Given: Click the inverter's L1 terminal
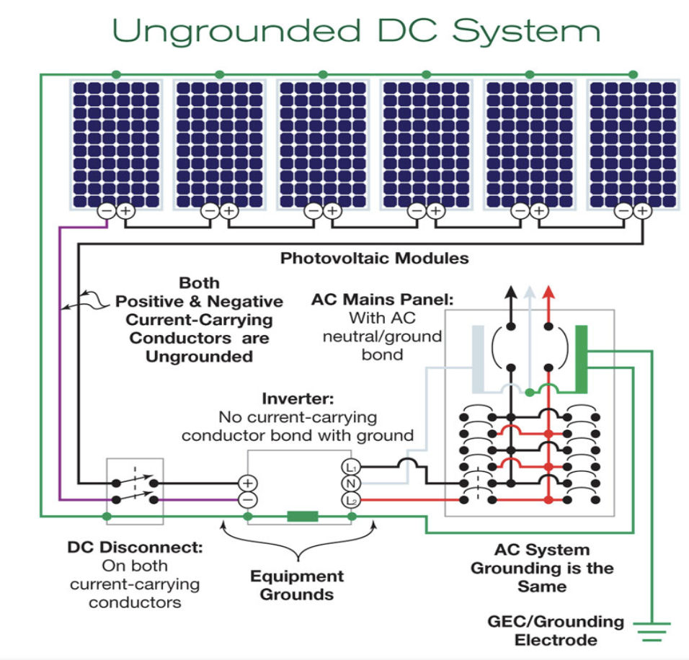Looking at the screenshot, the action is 351,467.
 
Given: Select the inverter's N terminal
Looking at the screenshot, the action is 351,483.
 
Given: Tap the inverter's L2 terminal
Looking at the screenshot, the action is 351,500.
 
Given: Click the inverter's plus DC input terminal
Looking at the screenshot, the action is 248,483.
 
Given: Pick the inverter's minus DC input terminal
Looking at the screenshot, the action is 248,500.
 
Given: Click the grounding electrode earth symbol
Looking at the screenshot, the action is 652,632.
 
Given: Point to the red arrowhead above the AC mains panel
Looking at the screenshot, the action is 548,292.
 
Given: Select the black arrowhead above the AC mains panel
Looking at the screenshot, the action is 510,292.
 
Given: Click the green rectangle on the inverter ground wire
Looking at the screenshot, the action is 303,517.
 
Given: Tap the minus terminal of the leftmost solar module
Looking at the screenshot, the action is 107,211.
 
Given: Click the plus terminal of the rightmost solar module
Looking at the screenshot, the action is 642,211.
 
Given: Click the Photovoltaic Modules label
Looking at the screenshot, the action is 374,258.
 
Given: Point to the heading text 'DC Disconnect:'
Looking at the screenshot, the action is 135,547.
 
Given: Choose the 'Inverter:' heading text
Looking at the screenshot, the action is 298,398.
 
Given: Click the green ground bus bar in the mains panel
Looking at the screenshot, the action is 582,359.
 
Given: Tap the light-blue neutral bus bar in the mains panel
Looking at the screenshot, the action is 478,359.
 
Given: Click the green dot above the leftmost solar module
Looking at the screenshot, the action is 116,74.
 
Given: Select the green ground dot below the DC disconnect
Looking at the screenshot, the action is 107,517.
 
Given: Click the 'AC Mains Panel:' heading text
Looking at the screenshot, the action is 382,300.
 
